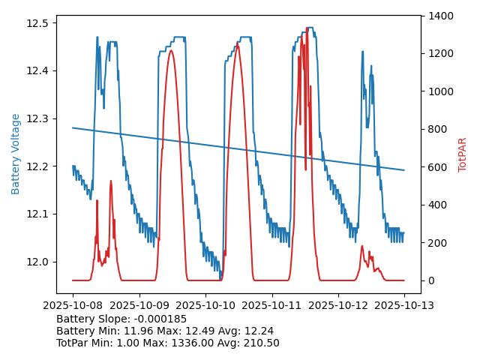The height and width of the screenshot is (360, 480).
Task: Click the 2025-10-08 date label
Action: pos(73,305)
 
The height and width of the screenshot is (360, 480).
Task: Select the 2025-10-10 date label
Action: pos(205,305)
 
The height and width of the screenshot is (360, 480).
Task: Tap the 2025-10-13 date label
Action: pos(404,305)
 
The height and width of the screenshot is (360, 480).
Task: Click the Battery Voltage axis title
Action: pos(16,154)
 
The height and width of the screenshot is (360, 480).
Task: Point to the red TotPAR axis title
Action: pos(463,154)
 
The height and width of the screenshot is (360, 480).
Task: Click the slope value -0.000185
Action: pos(160,319)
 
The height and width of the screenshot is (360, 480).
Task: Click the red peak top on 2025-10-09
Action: pos(171,50)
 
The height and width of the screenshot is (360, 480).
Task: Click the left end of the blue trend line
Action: pos(73,127)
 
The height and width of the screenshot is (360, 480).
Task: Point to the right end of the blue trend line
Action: pos(404,170)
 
